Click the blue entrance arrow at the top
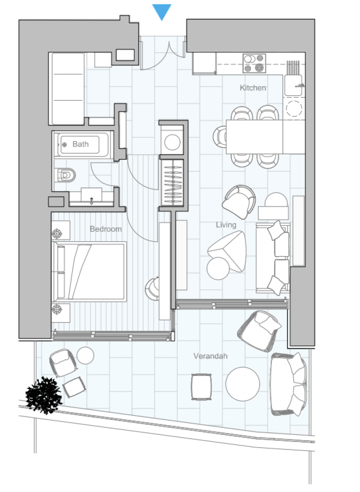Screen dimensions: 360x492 click(161, 12)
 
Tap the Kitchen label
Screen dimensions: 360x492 click(253, 88)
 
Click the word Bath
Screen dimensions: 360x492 click(81, 144)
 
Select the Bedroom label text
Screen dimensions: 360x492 click(105, 229)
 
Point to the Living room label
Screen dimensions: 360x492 click(226, 225)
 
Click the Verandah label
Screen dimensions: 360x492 click(211, 356)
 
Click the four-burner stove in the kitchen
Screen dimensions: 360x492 click(254, 63)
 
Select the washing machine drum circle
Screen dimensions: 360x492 click(173, 142)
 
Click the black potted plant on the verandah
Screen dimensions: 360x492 click(43, 395)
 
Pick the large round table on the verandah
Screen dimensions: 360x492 click(243, 384)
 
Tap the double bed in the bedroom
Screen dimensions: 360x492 click(89, 271)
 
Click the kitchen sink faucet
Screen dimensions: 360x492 click(299, 85)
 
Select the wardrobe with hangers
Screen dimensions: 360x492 click(173, 182)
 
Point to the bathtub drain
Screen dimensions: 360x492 click(65, 145)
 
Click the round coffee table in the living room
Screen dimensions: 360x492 click(218, 268)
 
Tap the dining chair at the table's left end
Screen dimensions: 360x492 click(220, 137)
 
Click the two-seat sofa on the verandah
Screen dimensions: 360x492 click(288, 384)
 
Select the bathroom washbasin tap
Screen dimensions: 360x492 click(91, 200)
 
